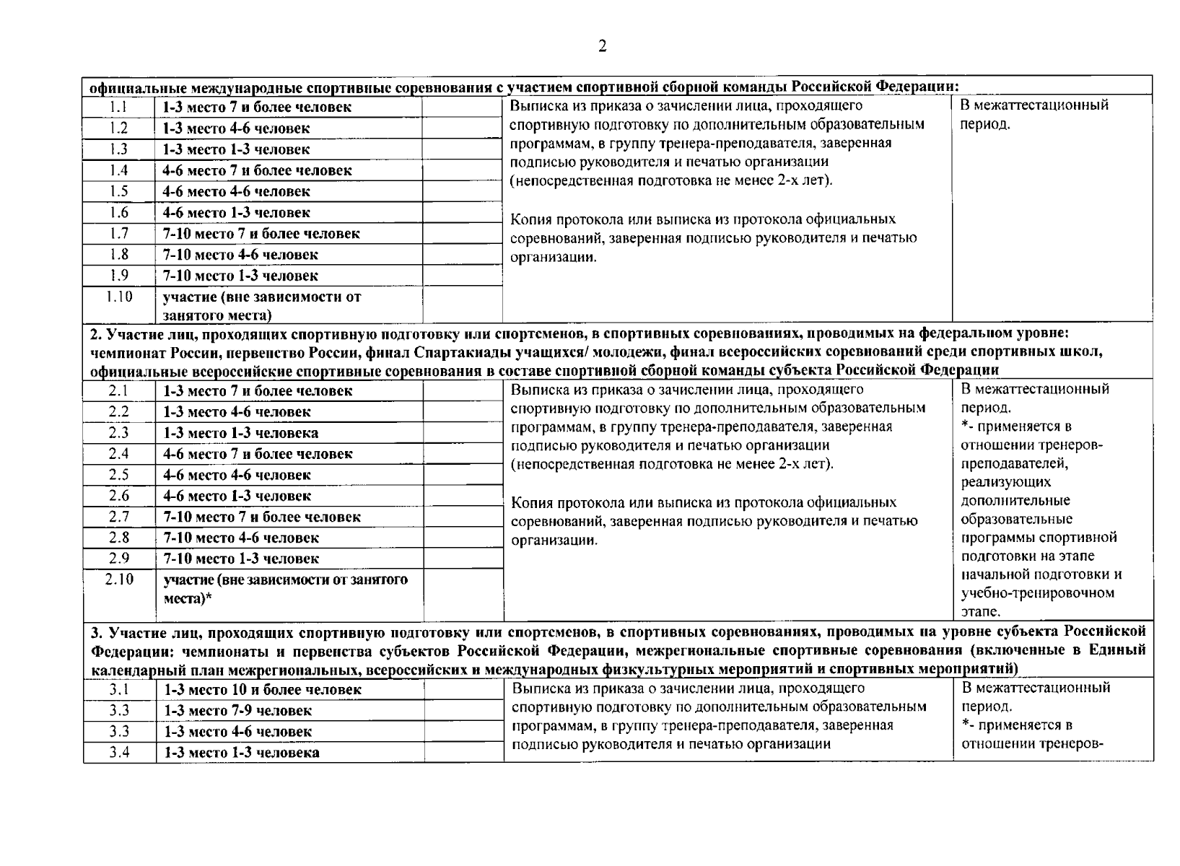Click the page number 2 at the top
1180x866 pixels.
pos(602,47)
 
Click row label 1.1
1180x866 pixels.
pos(118,107)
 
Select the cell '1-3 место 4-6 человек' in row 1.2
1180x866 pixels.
pos(236,128)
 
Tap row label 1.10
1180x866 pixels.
pos(118,297)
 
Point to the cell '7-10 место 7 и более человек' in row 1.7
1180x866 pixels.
pos(261,234)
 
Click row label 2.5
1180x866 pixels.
pos(118,475)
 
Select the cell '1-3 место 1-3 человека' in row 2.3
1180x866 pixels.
pos(241,433)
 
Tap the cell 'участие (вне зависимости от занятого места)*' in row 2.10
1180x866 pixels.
pos(285,589)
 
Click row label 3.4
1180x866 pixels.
pos(119,753)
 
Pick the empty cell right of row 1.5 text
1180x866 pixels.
pos(462,192)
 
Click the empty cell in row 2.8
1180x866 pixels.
pos(463,538)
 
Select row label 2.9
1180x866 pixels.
pos(118,559)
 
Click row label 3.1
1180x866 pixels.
pos(119,690)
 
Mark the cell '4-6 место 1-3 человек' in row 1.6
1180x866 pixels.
pos(237,213)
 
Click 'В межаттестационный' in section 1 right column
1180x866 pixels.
pos(1033,105)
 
